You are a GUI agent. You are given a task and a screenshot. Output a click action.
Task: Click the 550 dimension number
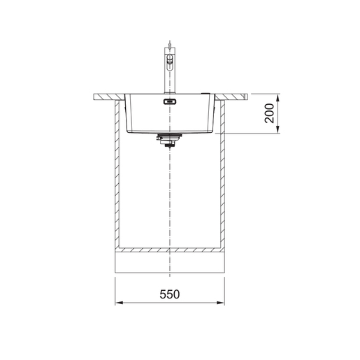tap(169, 294)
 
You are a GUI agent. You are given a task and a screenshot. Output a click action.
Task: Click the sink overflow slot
tap(168, 102)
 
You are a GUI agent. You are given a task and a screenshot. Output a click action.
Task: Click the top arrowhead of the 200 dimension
tap(278, 97)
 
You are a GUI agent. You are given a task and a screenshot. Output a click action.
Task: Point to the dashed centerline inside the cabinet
tap(168, 196)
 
